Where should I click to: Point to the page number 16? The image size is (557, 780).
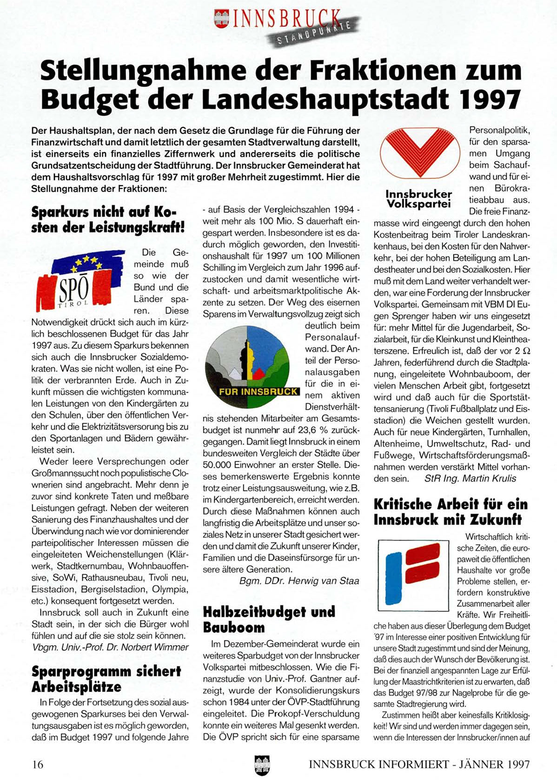[x=38, y=764]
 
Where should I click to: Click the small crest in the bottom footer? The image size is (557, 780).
[x=262, y=765]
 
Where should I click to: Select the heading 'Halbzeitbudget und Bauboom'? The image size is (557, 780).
[x=269, y=620]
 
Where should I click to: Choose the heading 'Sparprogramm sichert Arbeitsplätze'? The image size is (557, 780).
[x=106, y=679]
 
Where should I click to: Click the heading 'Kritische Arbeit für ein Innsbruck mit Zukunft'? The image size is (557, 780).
[x=451, y=512]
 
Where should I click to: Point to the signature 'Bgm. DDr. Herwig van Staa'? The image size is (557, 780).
[x=299, y=581]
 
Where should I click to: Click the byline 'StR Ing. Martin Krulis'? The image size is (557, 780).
[x=470, y=478]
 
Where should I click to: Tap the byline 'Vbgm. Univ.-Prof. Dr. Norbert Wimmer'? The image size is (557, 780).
[x=111, y=647]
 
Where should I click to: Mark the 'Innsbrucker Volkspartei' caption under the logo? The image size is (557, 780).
[x=418, y=199]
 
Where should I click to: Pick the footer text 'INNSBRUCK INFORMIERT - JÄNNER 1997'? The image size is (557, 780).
[x=419, y=764]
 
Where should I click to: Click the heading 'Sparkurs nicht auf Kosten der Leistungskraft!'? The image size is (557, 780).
[x=108, y=220]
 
